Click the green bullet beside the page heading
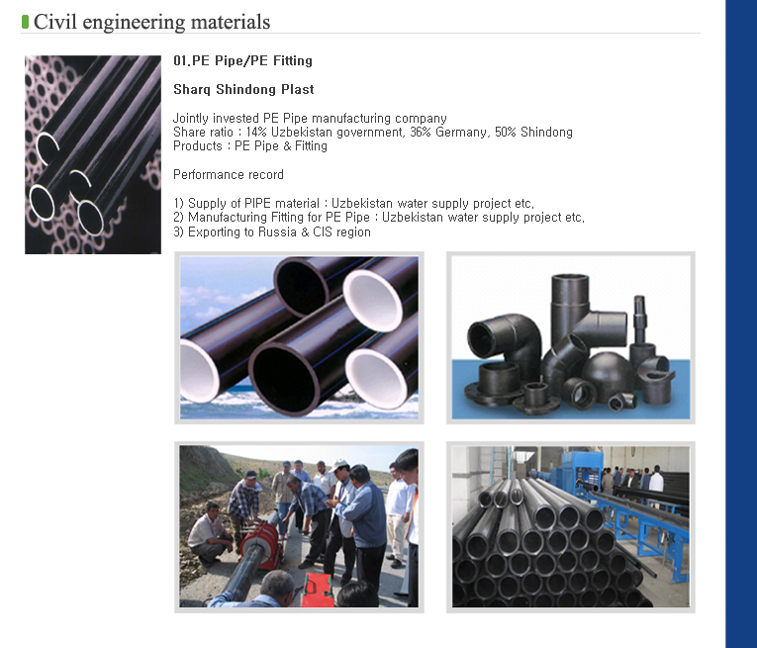[25, 22]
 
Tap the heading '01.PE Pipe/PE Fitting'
[242, 60]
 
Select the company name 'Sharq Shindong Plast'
[243, 89]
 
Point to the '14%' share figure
[256, 132]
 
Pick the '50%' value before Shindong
[506, 132]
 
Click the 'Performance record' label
[229, 175]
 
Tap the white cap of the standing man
[338, 465]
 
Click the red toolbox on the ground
[318, 590]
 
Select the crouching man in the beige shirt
[209, 533]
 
